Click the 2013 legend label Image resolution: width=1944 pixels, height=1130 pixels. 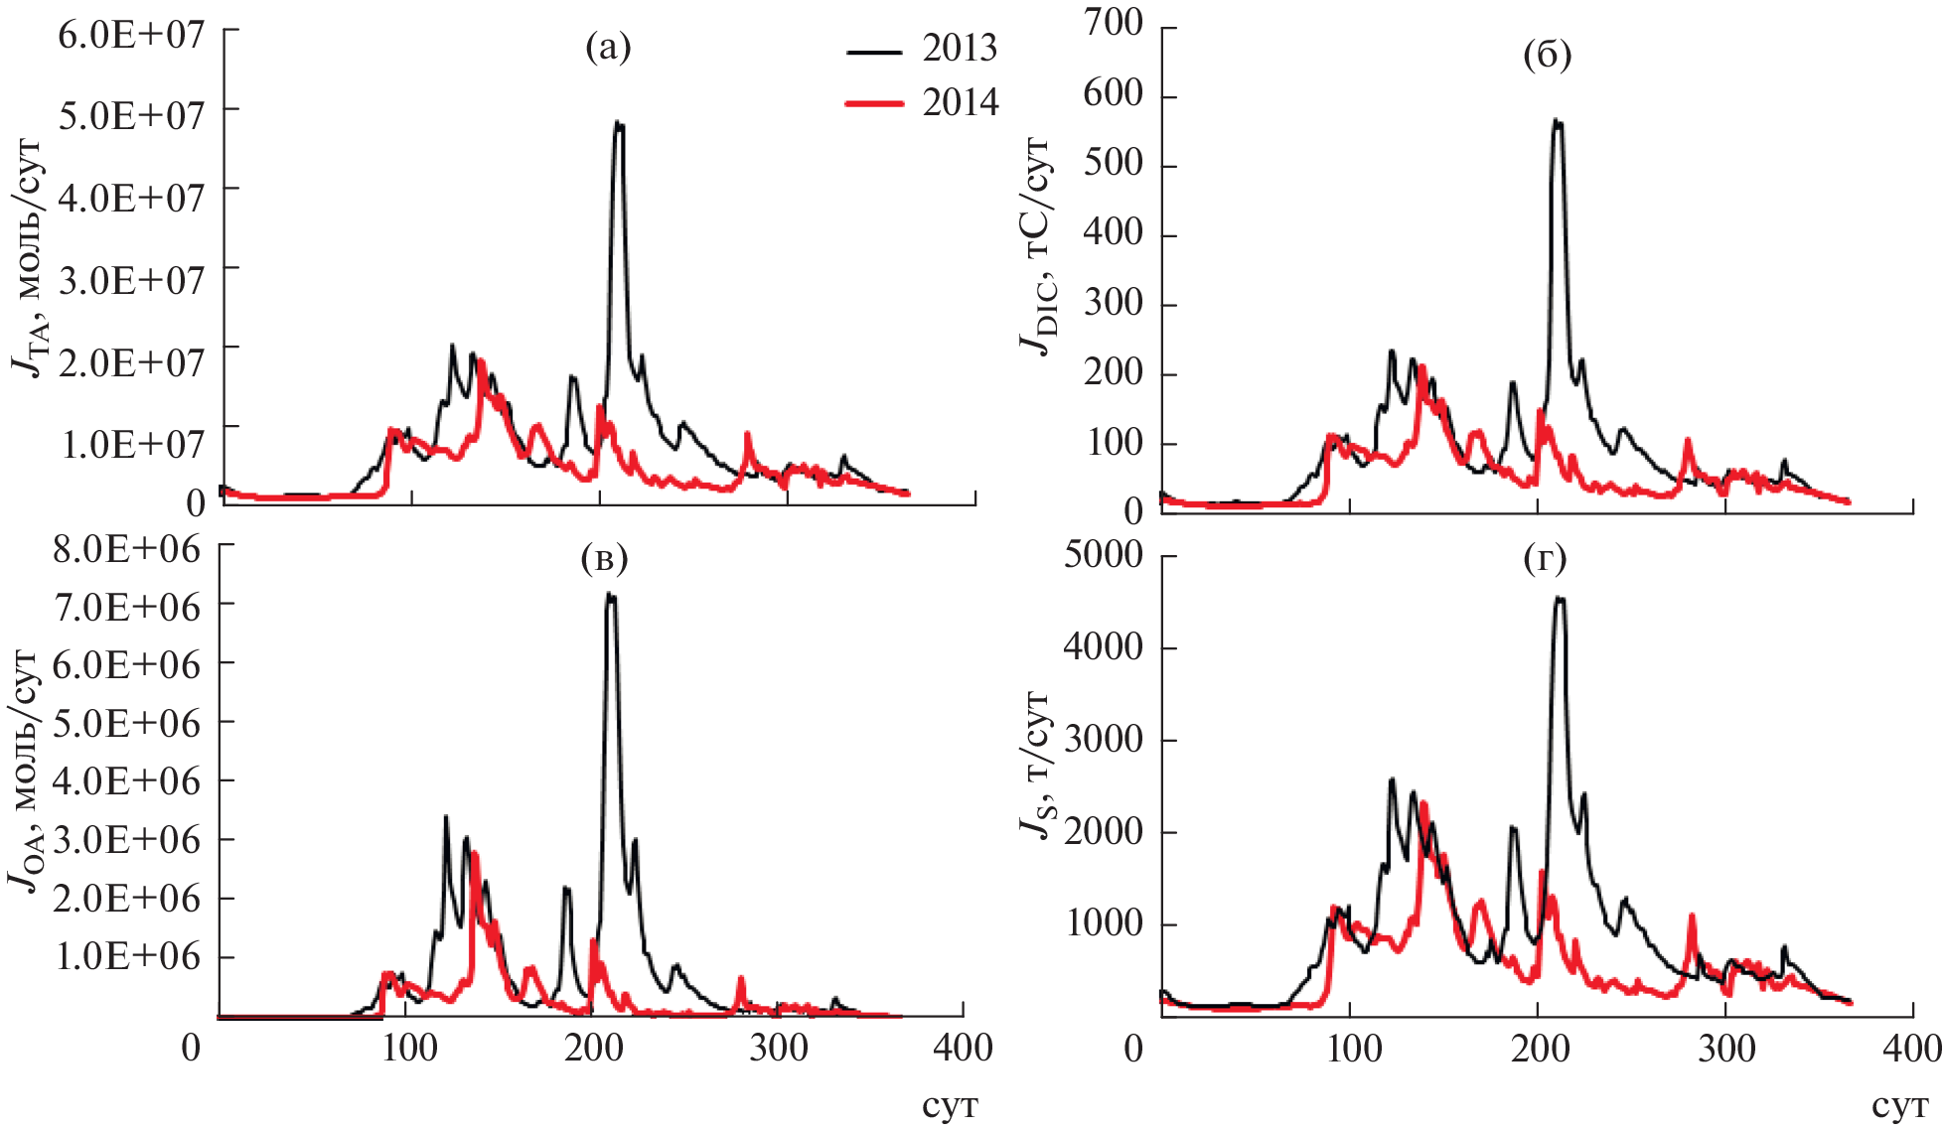pyautogui.click(x=959, y=48)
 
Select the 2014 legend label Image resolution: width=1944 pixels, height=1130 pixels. pyautogui.click(x=960, y=102)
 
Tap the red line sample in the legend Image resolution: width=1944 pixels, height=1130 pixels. pyautogui.click(x=874, y=103)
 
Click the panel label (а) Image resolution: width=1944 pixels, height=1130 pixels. pyautogui.click(x=608, y=47)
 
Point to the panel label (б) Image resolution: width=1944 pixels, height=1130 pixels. pyautogui.click(x=1547, y=56)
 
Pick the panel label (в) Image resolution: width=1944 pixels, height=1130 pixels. pyautogui.click(x=604, y=559)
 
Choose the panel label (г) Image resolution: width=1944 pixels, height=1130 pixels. pyautogui.click(x=1545, y=560)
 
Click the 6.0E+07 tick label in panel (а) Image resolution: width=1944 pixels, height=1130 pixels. pyautogui.click(x=131, y=36)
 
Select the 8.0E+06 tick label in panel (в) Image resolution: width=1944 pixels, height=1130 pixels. pyautogui.click(x=126, y=548)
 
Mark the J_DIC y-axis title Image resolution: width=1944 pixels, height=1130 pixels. pyautogui.click(x=1037, y=248)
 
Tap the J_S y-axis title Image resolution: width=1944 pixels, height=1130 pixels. pyautogui.click(x=1037, y=765)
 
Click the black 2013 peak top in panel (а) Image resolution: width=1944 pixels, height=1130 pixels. pyautogui.click(x=619, y=123)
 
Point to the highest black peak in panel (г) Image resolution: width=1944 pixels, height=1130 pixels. pyautogui.click(x=1559, y=598)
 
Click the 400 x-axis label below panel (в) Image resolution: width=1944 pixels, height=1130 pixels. pyautogui.click(x=963, y=1049)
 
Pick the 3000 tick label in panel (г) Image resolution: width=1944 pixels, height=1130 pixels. pyautogui.click(x=1103, y=740)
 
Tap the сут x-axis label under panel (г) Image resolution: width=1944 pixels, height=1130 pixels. pyautogui.click(x=1898, y=1107)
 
